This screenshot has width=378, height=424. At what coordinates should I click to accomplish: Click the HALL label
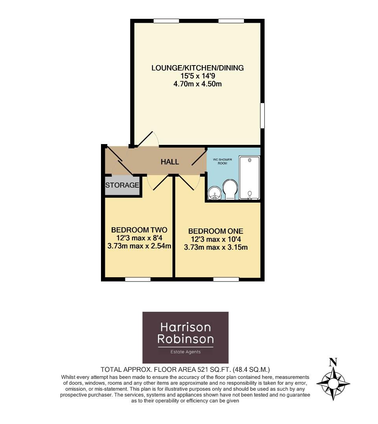pos(170,162)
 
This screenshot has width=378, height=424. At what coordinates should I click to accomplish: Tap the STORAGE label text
pos(122,185)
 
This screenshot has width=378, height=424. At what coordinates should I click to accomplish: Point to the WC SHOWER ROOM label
pos(222,161)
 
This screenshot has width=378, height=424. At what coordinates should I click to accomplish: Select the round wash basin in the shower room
pos(215,193)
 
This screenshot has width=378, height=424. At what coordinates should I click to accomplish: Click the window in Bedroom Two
pos(138,280)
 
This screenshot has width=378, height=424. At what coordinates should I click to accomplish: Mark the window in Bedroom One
pos(226,280)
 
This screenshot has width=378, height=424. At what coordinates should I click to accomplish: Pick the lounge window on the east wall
pos(262,115)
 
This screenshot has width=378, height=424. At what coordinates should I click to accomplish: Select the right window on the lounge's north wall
pos(229,21)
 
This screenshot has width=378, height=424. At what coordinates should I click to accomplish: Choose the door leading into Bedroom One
pos(188,183)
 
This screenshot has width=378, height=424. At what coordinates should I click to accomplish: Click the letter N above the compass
pos(333,362)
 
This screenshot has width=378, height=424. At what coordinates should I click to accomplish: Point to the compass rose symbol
pos(333,383)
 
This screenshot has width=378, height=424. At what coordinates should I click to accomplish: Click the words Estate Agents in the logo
pos(185,352)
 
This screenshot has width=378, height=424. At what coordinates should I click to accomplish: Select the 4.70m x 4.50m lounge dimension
pos(198,84)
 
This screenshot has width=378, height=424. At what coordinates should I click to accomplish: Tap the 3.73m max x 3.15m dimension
pos(216,247)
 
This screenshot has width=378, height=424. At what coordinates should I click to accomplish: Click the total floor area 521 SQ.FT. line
pos(185,369)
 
